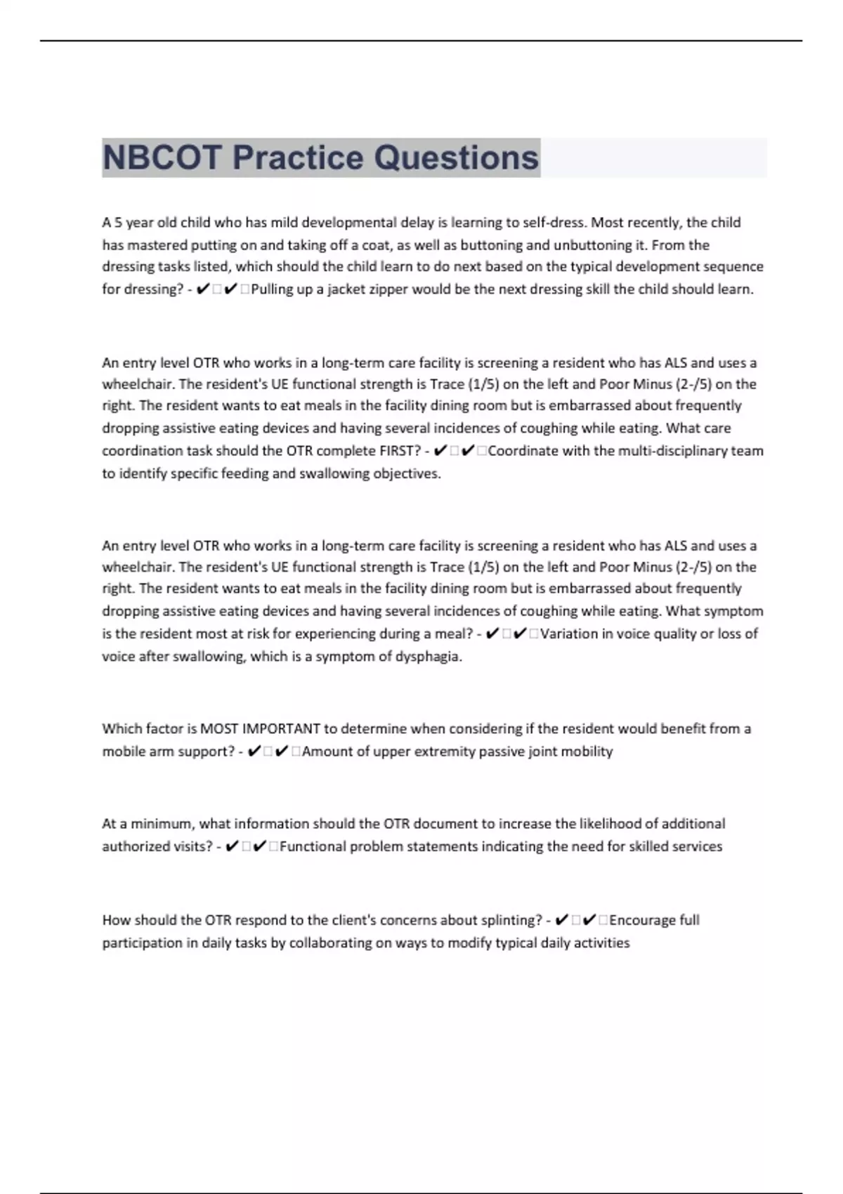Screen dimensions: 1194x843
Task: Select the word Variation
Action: [x=569, y=634]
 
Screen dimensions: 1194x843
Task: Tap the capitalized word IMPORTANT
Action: [x=281, y=728]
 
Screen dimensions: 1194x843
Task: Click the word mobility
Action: [x=587, y=752]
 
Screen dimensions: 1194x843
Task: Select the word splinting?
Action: [x=511, y=920]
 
